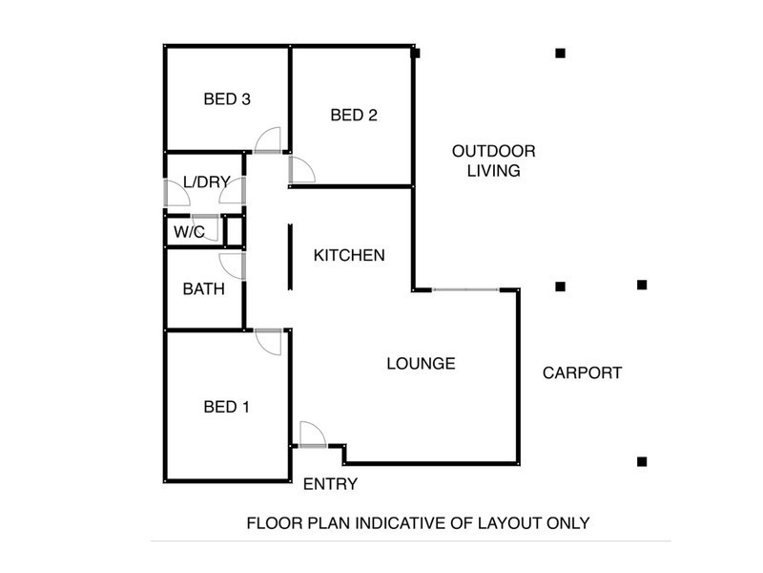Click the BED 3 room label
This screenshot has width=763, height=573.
(227, 98)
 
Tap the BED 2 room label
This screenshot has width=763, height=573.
(354, 116)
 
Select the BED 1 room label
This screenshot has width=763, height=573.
(227, 407)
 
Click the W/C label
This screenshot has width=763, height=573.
(189, 231)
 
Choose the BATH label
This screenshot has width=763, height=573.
(204, 288)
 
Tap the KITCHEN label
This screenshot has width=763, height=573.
(349, 255)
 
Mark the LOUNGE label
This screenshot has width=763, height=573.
(421, 363)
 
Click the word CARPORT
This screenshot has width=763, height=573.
(582, 372)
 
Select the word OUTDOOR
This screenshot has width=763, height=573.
(493, 151)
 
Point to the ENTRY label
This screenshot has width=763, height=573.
(330, 484)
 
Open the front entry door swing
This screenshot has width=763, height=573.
(312, 434)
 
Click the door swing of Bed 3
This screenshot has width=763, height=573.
(268, 140)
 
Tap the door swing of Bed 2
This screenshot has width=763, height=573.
(301, 169)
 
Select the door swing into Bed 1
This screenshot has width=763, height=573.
(269, 342)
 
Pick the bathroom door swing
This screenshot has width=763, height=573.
(233, 267)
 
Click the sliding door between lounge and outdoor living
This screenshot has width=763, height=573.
(465, 288)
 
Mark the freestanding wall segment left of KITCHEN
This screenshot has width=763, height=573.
(290, 256)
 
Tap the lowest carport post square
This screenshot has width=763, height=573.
(642, 461)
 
